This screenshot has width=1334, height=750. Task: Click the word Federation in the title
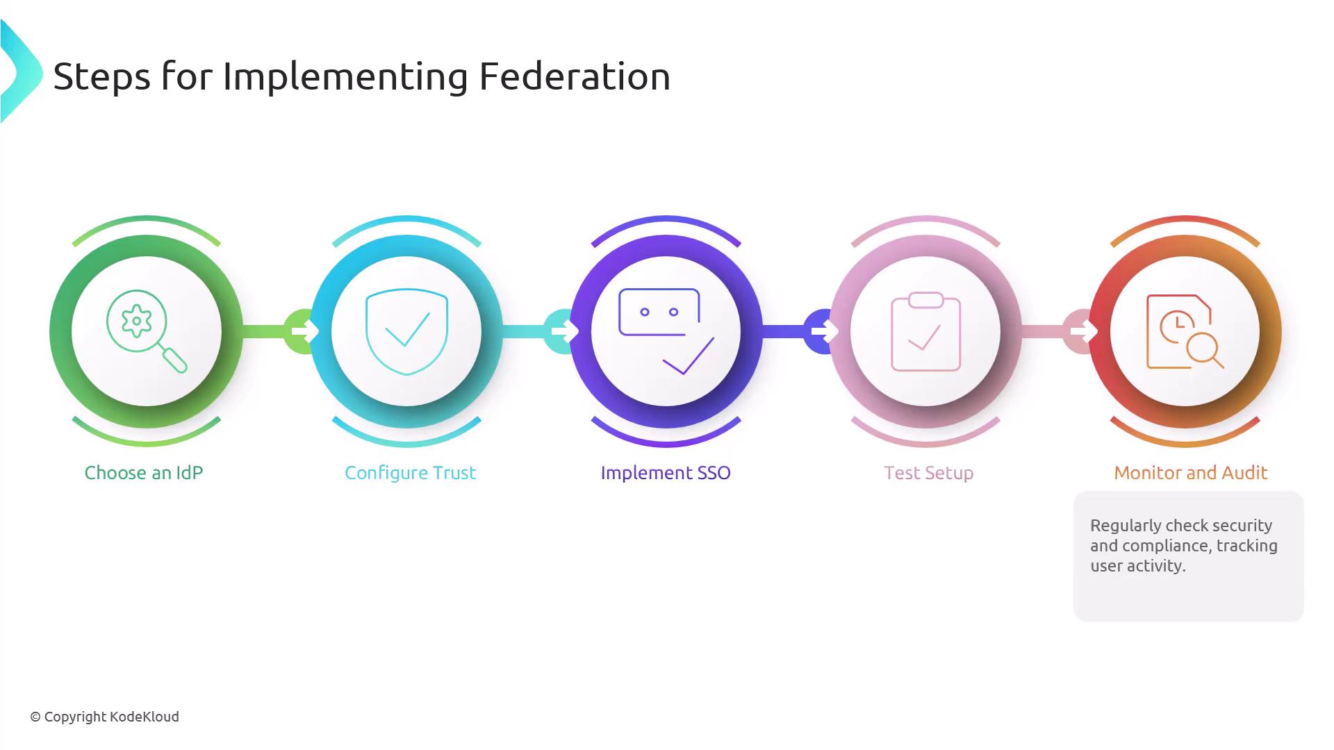(x=575, y=76)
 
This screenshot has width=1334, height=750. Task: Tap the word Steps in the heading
(x=101, y=77)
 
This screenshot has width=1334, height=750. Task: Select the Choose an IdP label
(x=144, y=473)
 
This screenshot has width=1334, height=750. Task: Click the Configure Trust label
(x=411, y=474)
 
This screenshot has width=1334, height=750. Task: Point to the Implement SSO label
(x=666, y=474)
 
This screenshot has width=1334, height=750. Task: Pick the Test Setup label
(x=929, y=474)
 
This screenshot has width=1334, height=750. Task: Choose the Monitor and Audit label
(x=1191, y=473)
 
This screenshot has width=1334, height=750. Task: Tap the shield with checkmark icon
(x=406, y=332)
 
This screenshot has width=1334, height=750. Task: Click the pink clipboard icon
(x=925, y=332)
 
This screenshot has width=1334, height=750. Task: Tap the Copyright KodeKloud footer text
(x=104, y=717)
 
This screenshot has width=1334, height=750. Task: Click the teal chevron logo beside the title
(x=21, y=72)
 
